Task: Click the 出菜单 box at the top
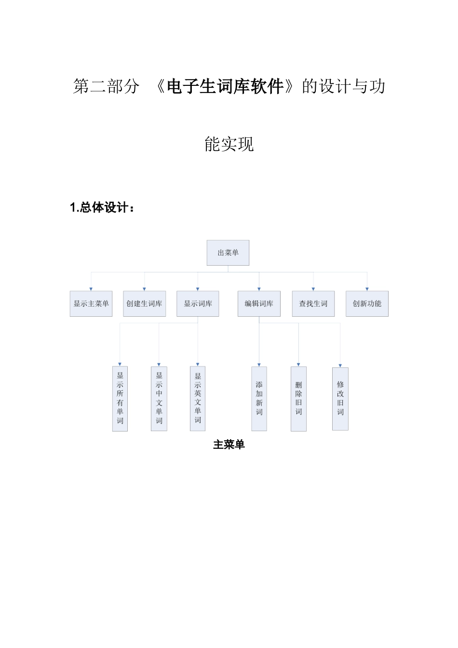pos(228,253)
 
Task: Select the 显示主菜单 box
pos(91,304)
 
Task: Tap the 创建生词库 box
pos(144,304)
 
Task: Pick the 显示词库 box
pos(198,304)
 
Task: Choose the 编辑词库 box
pos(259,304)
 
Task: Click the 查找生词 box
pos(313,304)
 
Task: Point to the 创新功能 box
pos(367,304)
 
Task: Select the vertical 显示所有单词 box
pos(120,398)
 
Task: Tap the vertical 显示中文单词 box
pos(159,398)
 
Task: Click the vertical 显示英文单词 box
pos(198,398)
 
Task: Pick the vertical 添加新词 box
pos(259,398)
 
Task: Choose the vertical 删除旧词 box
pos(298,398)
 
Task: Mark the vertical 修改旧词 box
pos(340,398)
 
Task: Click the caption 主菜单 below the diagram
pos(229,445)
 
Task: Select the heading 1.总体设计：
pos(102,208)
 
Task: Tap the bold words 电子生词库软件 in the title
pos(225,87)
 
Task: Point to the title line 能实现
pos(229,144)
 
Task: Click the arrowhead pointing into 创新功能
pos(367,289)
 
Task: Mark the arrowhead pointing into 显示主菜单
pos(91,289)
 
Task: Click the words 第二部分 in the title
pos(107,87)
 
